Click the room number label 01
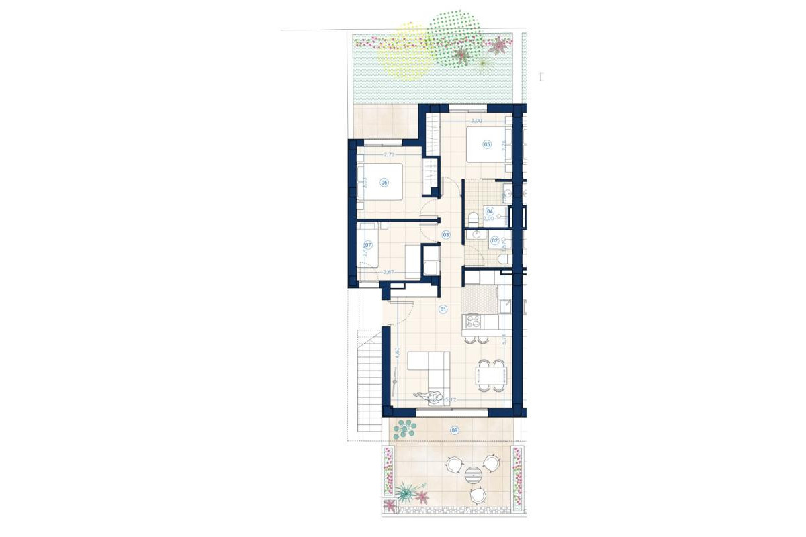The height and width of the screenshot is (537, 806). (x=443, y=309)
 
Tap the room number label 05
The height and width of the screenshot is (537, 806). (x=487, y=144)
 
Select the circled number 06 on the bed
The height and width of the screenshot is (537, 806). (x=384, y=182)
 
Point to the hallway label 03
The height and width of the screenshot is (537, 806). (x=446, y=234)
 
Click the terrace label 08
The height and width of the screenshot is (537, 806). (x=455, y=430)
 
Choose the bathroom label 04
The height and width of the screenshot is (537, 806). (x=490, y=211)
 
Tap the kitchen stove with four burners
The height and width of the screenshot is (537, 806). (x=473, y=320)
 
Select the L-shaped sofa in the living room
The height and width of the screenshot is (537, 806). (x=429, y=369)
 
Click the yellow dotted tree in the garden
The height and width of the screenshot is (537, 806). (x=404, y=52)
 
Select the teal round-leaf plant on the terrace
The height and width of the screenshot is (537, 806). (x=405, y=428)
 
